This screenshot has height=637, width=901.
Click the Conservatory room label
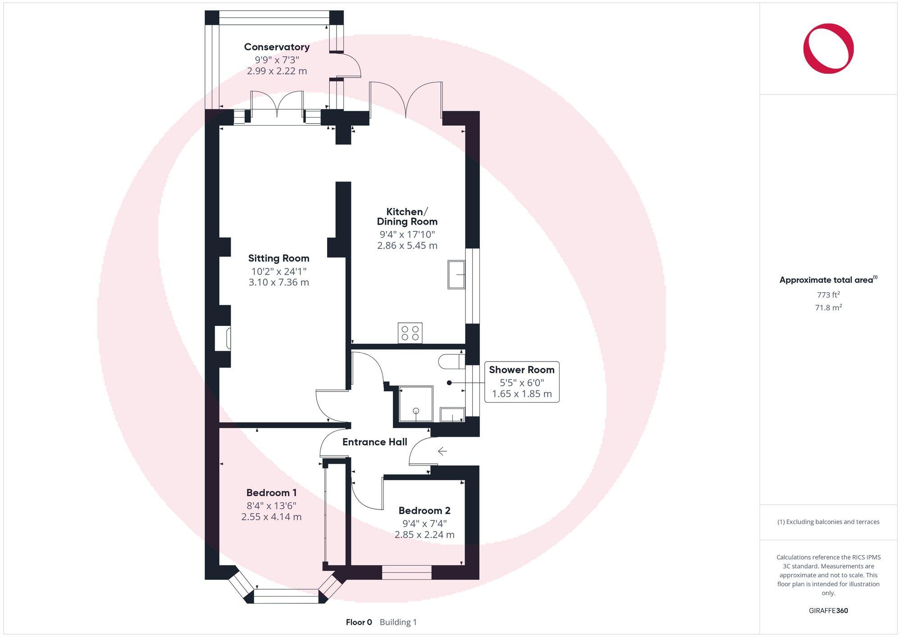click(277, 47)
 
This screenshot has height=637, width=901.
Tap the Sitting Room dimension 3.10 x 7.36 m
click(278, 282)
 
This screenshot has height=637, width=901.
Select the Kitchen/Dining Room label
click(407, 217)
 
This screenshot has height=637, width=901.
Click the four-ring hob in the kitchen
click(410, 333)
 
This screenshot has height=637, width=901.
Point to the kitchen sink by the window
click(456, 274)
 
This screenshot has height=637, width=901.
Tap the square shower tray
click(416, 404)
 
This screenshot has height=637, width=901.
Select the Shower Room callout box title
click(521, 370)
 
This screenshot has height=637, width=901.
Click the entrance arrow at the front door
click(442, 451)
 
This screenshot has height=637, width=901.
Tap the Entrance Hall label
click(374, 442)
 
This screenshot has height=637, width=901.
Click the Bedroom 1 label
click(271, 492)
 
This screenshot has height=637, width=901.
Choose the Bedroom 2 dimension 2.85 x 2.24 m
click(424, 534)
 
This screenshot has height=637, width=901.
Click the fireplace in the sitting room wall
click(223, 339)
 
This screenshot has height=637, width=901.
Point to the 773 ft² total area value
click(828, 295)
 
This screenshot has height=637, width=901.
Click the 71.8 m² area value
click(828, 307)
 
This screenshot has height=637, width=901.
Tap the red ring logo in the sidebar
click(828, 49)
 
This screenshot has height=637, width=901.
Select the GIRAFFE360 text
click(828, 610)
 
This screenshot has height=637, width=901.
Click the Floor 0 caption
click(359, 622)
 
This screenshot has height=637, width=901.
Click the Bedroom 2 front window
click(406, 573)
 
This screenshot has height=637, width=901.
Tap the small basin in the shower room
click(452, 415)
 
